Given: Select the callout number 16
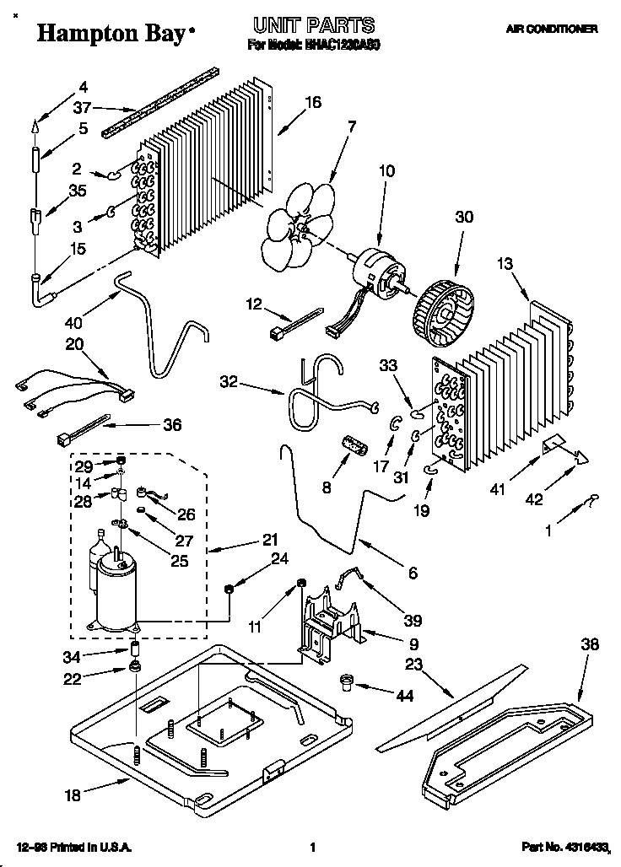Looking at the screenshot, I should coord(312,103).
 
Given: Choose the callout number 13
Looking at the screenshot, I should coord(505,265).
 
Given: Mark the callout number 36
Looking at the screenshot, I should coord(172,426).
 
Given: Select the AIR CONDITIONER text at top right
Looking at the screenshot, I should coord(552,29).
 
